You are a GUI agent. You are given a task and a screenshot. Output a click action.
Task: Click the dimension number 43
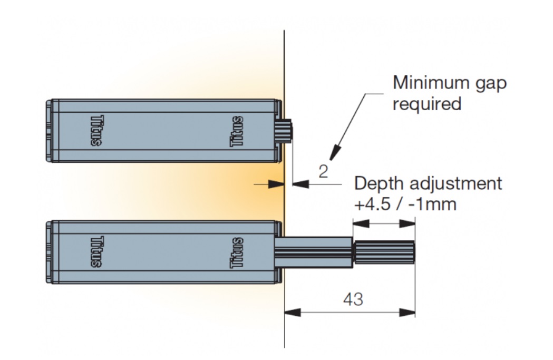pos(353,299)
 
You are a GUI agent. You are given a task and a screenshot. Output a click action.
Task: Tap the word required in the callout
pos(426,103)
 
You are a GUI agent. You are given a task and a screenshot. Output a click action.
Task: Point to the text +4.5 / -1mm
pos(405,204)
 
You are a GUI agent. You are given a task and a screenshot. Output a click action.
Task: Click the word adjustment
pos(453,185)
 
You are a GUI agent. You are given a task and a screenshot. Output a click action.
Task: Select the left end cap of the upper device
pos(50,130)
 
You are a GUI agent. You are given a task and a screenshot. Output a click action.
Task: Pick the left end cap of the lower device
pos(50,252)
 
